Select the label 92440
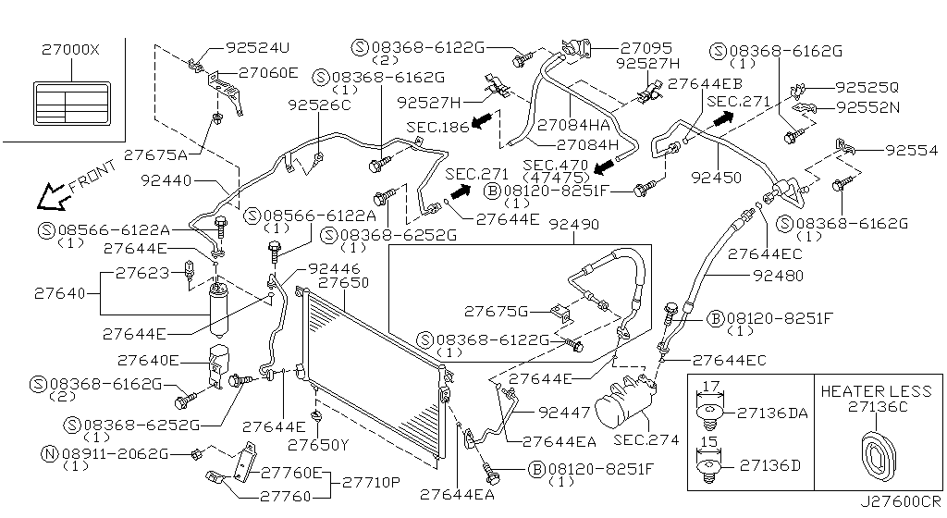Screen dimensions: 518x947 click(x=166, y=181)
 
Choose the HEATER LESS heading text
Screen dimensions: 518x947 click(x=877, y=391)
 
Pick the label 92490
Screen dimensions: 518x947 click(x=573, y=225)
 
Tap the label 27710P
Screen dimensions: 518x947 click(x=371, y=482)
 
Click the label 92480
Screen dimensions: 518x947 click(x=778, y=275)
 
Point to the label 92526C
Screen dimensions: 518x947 click(x=320, y=105)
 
